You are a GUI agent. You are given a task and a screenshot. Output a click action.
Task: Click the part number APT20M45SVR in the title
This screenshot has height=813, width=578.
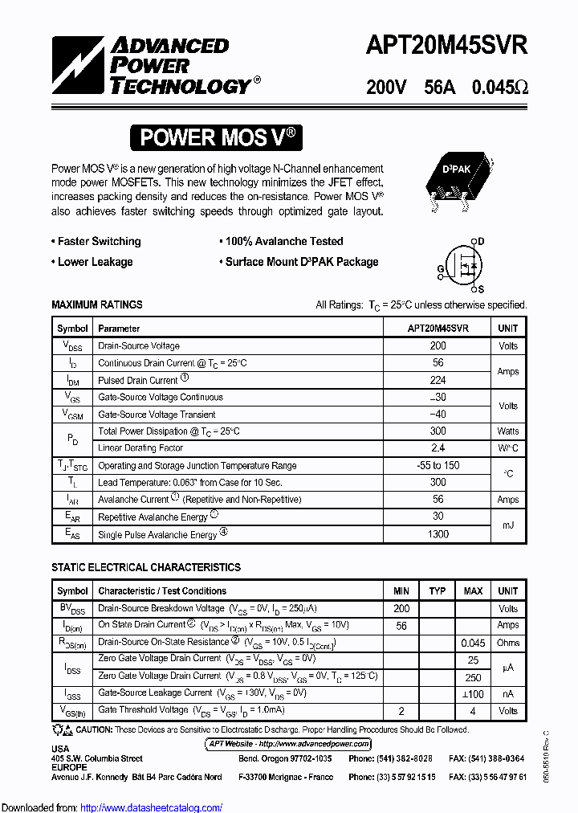coord(446,47)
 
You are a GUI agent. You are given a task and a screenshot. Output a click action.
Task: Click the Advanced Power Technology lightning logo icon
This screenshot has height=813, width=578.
coord(78,65)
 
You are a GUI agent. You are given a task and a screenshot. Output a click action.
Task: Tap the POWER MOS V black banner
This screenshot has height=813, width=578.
coord(216,137)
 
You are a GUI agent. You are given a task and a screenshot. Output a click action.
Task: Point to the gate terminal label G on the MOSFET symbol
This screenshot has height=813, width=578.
coord(441,268)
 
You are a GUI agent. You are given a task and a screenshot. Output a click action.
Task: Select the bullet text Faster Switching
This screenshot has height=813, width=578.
coord(99,241)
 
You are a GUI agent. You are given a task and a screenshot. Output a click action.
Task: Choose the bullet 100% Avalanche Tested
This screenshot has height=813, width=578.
coord(283,241)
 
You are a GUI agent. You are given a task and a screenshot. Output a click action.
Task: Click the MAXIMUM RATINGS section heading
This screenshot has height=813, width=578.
coord(97,304)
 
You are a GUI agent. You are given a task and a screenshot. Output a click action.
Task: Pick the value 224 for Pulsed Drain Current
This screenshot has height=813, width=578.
coord(438,380)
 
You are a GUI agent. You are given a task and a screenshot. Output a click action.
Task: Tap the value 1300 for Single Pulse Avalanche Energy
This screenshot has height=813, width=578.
coord(438,534)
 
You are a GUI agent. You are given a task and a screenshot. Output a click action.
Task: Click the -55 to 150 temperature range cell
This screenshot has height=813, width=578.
coord(438,465)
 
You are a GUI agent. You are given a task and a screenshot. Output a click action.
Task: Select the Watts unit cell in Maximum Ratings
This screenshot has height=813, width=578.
coord(507,431)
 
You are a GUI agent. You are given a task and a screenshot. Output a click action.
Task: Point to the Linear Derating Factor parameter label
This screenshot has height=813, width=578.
coord(140,448)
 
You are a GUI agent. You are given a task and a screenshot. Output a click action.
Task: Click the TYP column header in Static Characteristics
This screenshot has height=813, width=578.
coord(438,590)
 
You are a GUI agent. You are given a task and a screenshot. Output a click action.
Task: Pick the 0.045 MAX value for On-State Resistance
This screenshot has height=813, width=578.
coord(473,643)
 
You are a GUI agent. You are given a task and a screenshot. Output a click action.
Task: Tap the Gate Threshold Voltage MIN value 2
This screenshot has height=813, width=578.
coord(401,711)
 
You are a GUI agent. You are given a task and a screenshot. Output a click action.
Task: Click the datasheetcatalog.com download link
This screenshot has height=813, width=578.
coord(152,807)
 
